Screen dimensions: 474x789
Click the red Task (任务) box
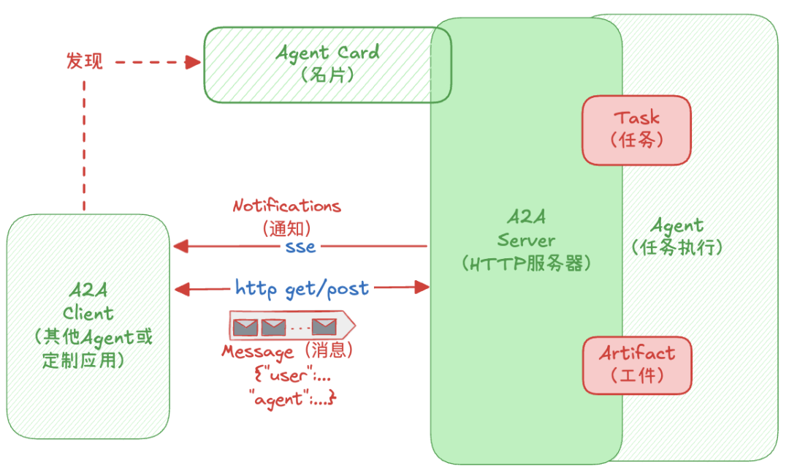pyautogui.click(x=636, y=129)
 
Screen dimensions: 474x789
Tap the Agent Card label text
pyautogui.click(x=327, y=53)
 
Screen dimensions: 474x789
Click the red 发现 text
pyautogui.click(x=85, y=61)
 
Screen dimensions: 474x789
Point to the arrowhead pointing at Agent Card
pyautogui.click(x=193, y=62)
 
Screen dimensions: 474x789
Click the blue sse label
pyautogui.click(x=300, y=247)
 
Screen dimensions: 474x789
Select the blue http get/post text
pyautogui.click(x=302, y=287)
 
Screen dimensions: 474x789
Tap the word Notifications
pyautogui.click(x=286, y=206)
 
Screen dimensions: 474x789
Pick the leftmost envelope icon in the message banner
pyautogui.click(x=245, y=326)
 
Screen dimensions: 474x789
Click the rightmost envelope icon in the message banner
pyautogui.click(x=324, y=326)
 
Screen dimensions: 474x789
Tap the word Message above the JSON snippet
pyautogui.click(x=257, y=351)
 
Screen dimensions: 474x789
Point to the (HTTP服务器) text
pyautogui.click(x=525, y=263)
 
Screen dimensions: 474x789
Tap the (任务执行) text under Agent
pyautogui.click(x=676, y=247)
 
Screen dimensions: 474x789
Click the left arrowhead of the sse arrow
pyautogui.click(x=180, y=247)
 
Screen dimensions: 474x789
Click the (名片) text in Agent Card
pyautogui.click(x=327, y=75)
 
